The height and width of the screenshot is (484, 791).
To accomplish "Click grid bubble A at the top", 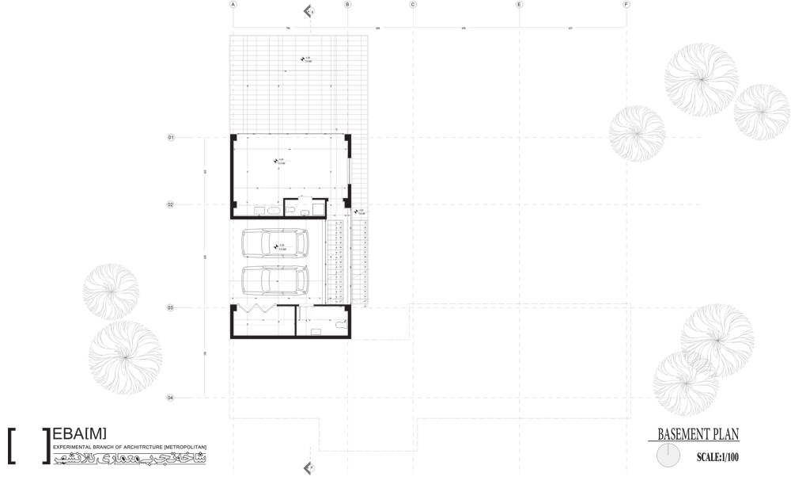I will pos(233,5).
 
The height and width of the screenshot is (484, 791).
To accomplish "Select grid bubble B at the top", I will pos(346,5).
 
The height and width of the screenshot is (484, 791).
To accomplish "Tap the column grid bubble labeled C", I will pos(413,5).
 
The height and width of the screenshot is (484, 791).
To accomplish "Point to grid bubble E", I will pos(519,5).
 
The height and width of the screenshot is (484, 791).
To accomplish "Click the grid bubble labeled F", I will pos(626,5).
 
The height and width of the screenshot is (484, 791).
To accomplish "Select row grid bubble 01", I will pos(170,138).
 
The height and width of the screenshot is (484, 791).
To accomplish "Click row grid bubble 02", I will pos(170,204).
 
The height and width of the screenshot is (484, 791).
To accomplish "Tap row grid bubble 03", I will pos(170,307).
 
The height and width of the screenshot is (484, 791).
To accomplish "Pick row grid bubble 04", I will pos(170,398).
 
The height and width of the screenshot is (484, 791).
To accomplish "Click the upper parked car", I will pos(274,243).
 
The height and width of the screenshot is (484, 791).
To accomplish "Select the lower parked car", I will pos(274,280).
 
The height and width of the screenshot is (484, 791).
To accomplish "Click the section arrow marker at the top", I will pos(308,11).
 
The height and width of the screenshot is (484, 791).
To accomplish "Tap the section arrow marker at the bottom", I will pos(308,468).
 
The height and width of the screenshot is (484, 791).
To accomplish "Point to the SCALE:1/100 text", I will pos(717,457).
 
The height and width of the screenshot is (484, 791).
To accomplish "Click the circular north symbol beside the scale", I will pos(668,455).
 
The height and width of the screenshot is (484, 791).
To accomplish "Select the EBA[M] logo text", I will pos(79,434).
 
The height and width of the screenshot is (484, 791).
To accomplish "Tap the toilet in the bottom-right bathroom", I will pos(341,324).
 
